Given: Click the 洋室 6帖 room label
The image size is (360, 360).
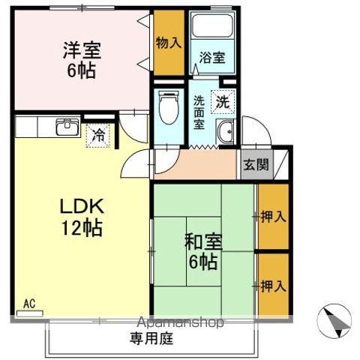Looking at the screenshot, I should tap(81, 61).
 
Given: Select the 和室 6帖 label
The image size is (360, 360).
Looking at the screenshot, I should tap(202, 251).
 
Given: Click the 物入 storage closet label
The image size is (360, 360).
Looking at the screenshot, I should tap(169, 42).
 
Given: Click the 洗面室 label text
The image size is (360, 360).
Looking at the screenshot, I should tap(199, 112).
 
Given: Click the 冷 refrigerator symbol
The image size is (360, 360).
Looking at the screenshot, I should tap(97, 136).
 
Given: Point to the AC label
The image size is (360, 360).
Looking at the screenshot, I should tap(29, 304).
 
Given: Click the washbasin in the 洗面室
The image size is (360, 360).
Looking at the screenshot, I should tap(225, 134).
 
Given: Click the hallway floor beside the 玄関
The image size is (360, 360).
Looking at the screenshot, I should tap(195, 164).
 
